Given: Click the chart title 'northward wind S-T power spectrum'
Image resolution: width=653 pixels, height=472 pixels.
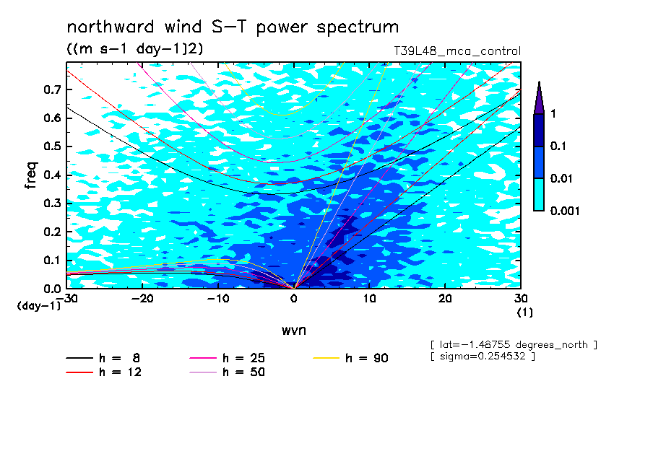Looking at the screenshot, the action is point(233,27).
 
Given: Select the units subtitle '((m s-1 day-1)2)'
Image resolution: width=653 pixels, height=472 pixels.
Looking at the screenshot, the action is point(135,48).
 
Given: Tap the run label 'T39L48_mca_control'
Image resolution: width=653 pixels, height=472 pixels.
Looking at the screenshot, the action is point(457,51).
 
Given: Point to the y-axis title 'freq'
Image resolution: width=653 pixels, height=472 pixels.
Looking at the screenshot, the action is point(31,175).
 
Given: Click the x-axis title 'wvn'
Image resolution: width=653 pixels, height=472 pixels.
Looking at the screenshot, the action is point(294,331).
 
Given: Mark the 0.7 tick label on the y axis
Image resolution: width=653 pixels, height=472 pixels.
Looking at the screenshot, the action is point(53,89).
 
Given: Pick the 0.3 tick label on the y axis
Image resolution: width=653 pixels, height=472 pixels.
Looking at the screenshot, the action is point(53,203).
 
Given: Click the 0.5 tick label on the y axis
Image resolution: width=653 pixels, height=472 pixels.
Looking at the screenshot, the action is point(53,147).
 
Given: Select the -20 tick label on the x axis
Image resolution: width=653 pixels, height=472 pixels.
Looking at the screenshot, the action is point(142,299).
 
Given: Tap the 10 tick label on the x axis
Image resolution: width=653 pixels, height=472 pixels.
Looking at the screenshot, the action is point(369,299).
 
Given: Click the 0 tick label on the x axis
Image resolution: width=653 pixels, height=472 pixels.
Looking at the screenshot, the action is point(294,299).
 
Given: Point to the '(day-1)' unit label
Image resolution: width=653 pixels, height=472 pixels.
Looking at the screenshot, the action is point(39,306).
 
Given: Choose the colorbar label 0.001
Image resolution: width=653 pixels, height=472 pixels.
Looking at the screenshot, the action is point(565,211).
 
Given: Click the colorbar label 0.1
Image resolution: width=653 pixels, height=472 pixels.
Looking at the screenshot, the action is point(558,146).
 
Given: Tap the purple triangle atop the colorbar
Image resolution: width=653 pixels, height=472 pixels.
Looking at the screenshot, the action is point(539,97).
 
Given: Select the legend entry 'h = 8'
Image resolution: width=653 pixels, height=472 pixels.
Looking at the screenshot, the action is point(103,358).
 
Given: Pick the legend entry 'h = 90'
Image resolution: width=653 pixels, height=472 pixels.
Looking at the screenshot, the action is point(350,358).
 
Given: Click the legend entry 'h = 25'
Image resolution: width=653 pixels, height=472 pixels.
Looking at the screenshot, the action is point(227,358).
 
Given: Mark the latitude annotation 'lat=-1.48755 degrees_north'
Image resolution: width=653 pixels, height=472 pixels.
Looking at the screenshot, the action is point(514,345).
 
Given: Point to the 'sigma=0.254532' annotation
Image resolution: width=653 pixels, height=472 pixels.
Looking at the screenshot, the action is point(483,357).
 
